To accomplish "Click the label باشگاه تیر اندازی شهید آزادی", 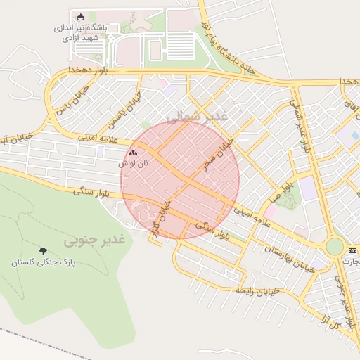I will click(79, 32).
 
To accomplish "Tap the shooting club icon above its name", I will click(79, 17).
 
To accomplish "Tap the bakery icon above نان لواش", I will click(134, 152).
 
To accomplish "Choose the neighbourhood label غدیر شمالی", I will click(198, 116).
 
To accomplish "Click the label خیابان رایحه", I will click(258, 290).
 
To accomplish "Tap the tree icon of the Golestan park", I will click(44, 251).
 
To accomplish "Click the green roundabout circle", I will click(335, 247).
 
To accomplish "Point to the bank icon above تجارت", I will click(352, 250).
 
